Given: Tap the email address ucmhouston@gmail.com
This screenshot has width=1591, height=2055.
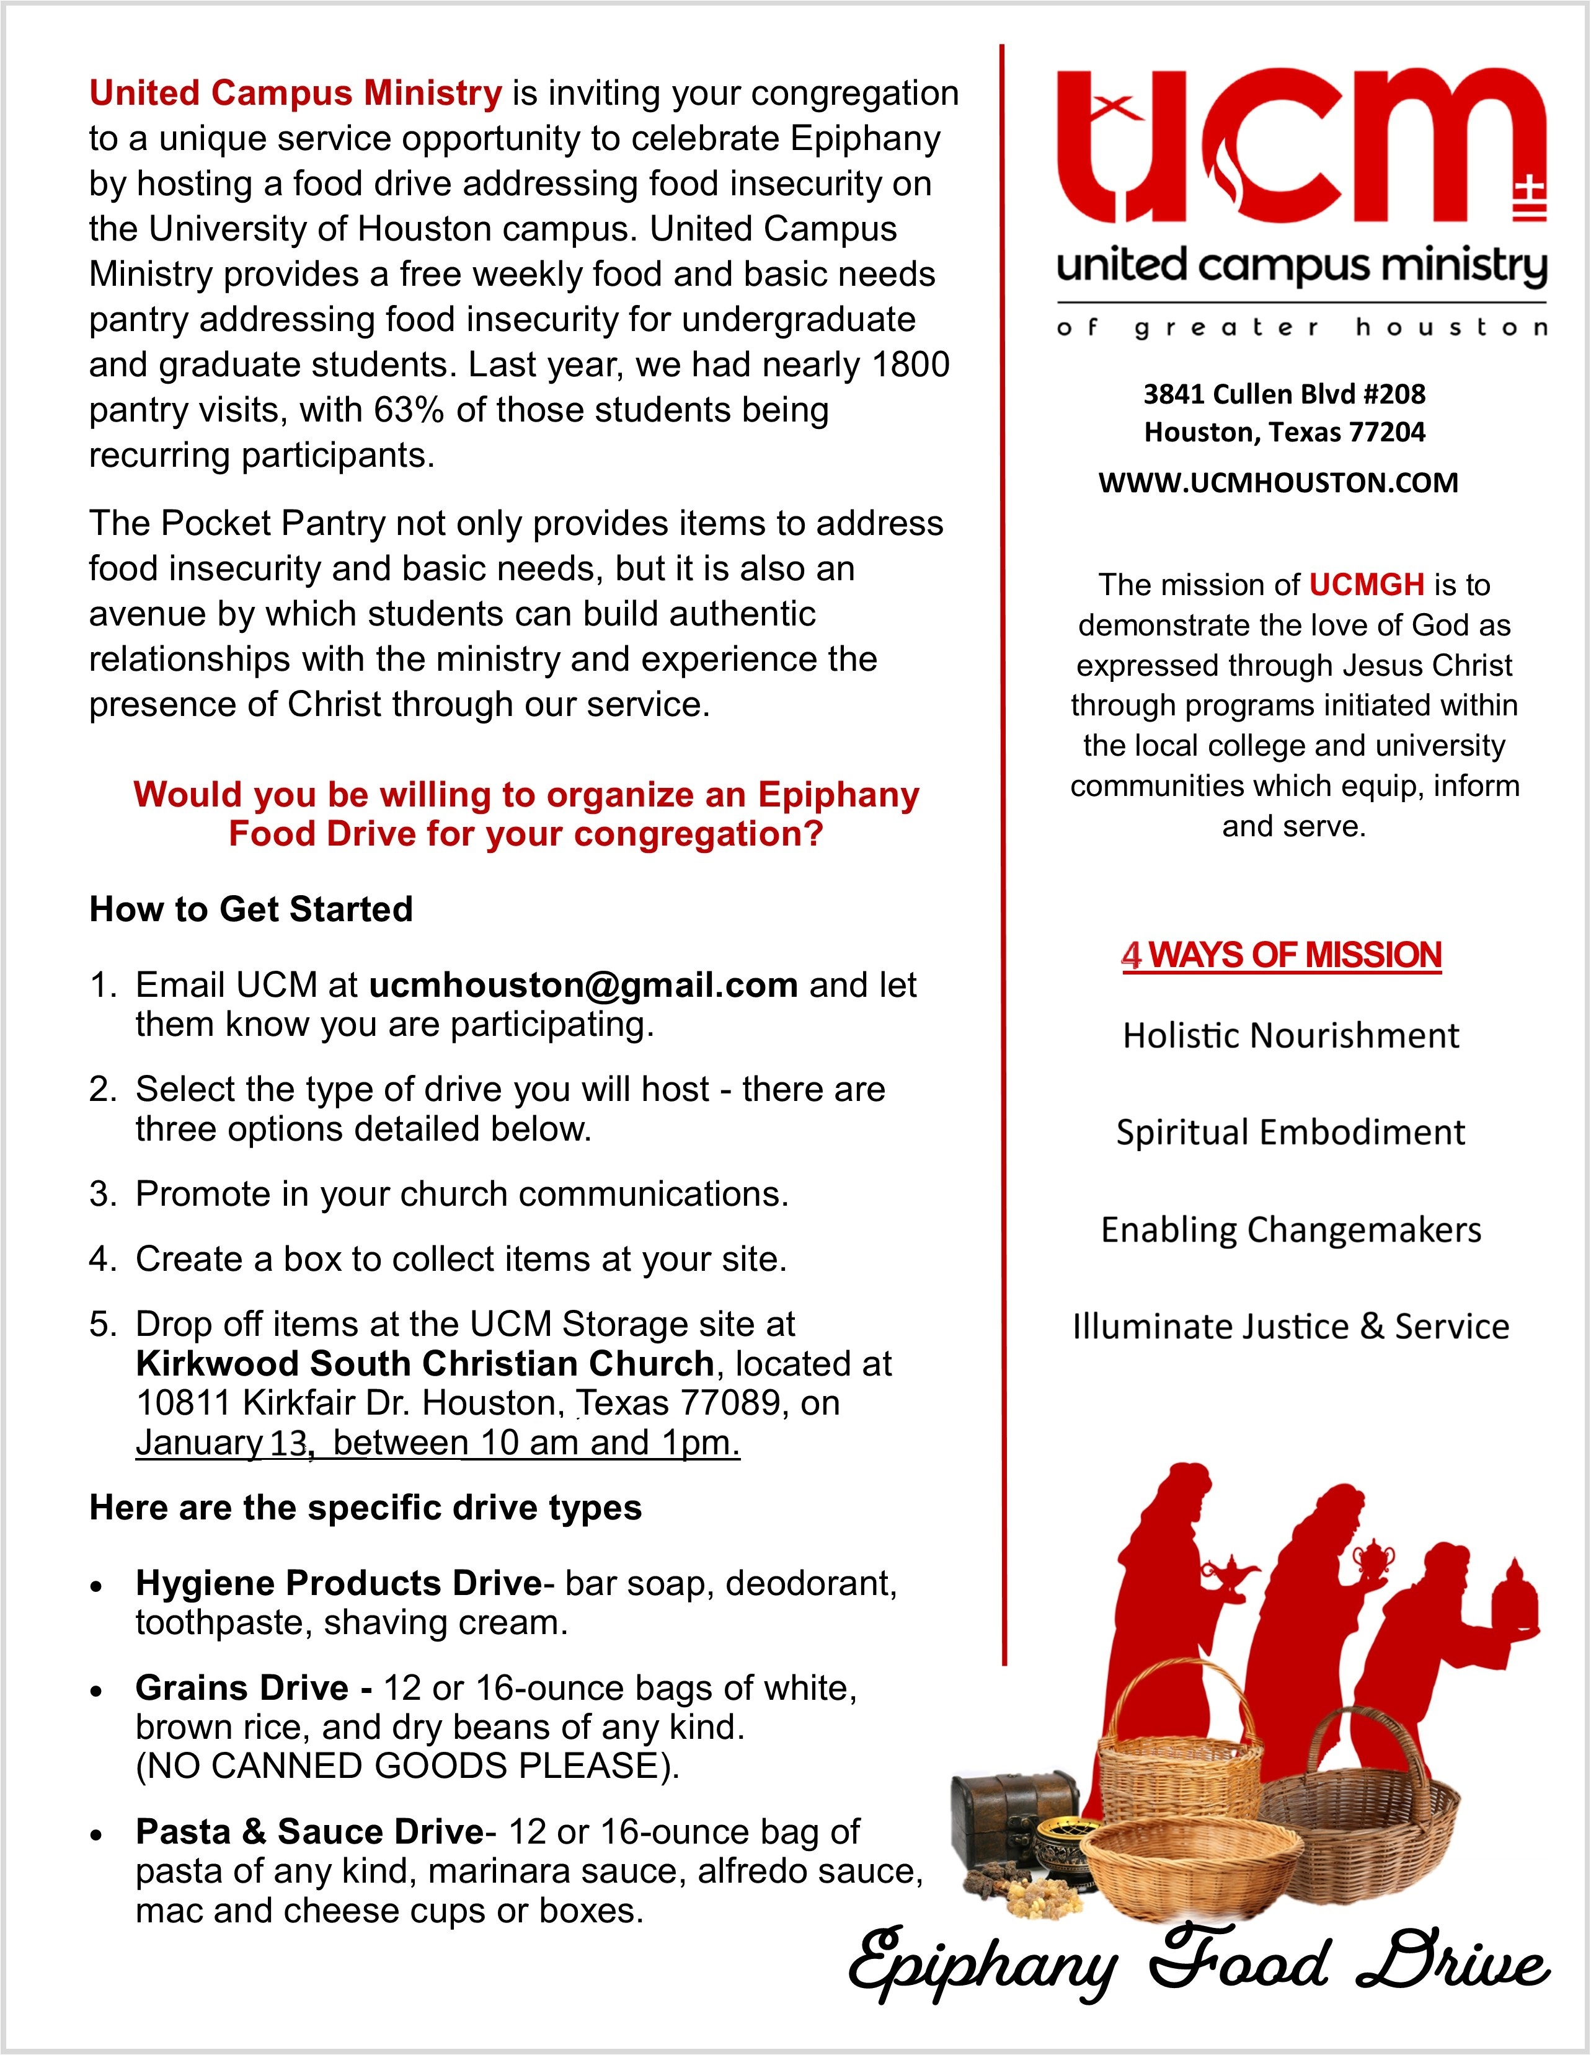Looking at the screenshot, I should [583, 984].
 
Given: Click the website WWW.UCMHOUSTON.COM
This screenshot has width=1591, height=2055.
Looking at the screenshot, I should [1278, 483].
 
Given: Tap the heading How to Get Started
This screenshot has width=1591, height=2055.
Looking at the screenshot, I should [251, 909].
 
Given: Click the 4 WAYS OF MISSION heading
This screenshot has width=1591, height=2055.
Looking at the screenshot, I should [1282, 955].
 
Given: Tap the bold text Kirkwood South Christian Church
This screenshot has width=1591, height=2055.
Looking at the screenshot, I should [425, 1363].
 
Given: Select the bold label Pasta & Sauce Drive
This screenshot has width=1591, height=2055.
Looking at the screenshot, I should [309, 1831].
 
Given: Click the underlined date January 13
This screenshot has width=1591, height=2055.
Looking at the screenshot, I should [223, 1443].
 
